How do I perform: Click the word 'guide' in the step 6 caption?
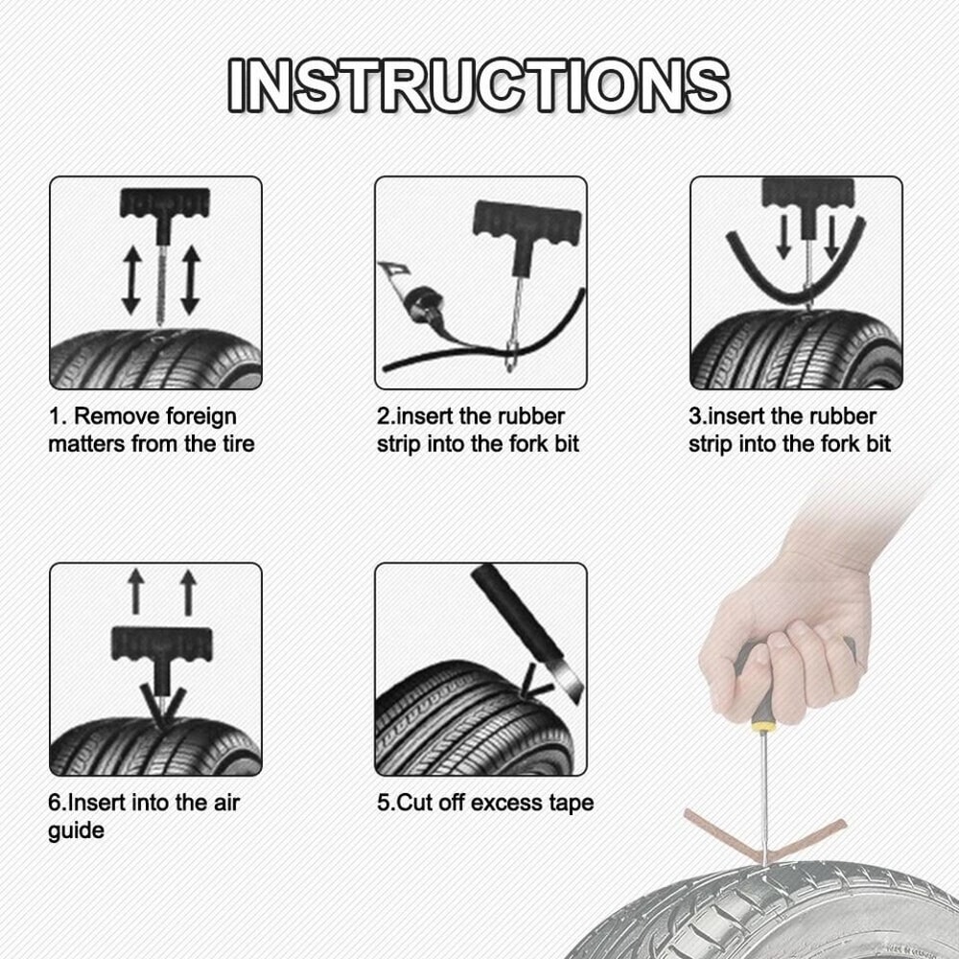click(x=76, y=830)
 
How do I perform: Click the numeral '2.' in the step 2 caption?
click(x=386, y=417)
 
